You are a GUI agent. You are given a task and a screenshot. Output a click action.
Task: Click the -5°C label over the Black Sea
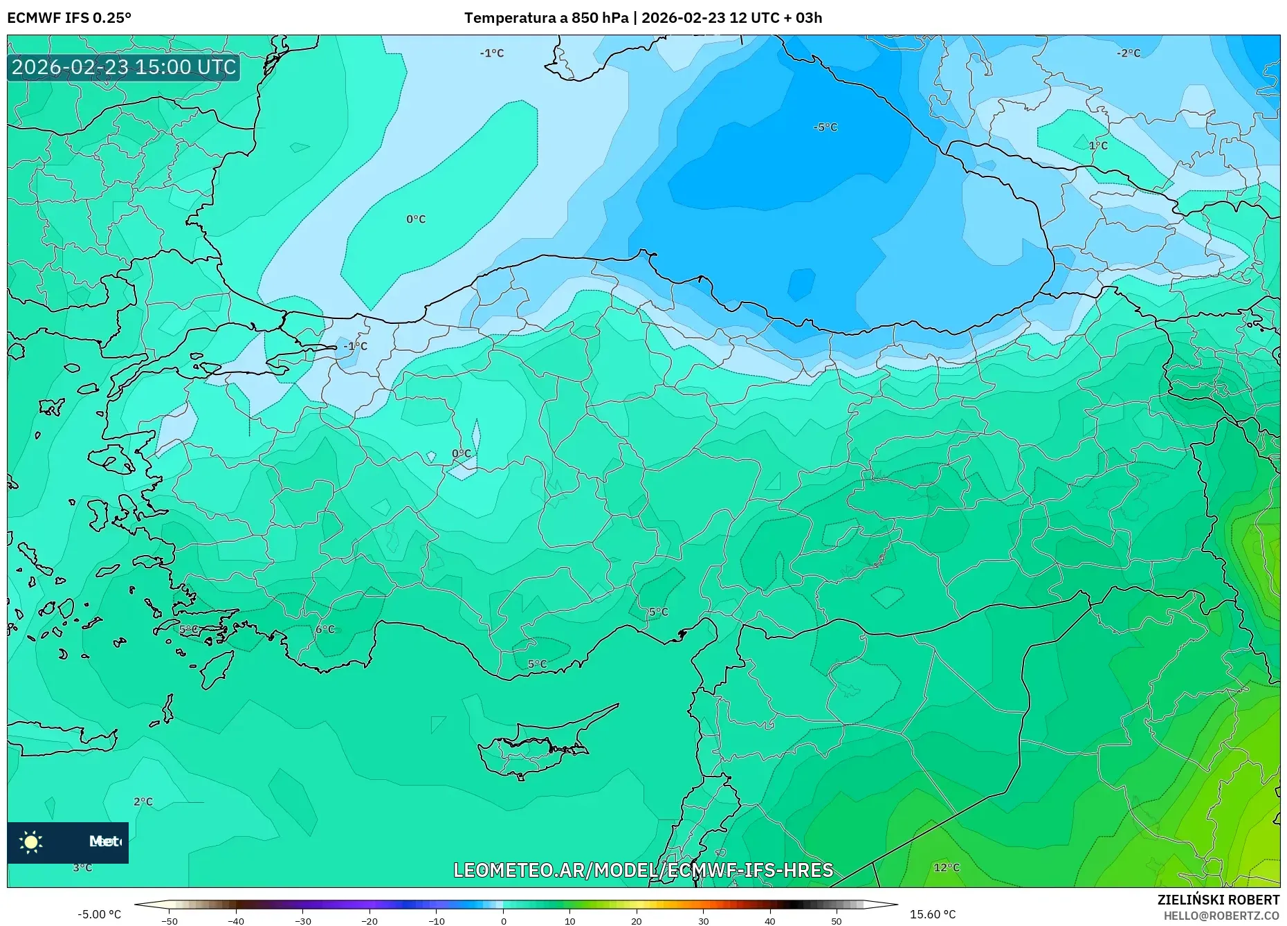click(x=825, y=127)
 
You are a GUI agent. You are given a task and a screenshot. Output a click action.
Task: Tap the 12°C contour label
click(x=947, y=867)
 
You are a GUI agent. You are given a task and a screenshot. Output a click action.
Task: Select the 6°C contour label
click(x=325, y=629)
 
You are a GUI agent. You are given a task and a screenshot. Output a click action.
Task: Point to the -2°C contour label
click(x=1128, y=53)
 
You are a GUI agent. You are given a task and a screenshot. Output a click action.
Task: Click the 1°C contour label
click(x=1098, y=145)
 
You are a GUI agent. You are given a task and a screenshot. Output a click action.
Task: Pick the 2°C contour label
click(x=143, y=801)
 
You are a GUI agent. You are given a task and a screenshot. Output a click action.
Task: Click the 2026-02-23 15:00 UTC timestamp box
click(x=124, y=67)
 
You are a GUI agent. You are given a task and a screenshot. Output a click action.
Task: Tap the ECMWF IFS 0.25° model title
click(x=69, y=18)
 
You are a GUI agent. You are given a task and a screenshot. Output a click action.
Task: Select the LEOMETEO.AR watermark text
click(x=643, y=870)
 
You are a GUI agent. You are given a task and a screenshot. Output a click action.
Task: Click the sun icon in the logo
click(x=31, y=842)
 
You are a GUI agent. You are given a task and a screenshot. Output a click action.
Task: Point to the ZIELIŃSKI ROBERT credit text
click(x=1218, y=900)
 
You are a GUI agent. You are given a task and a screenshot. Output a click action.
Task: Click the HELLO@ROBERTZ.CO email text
click(x=1221, y=916)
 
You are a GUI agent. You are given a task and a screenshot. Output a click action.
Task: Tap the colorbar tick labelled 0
click(x=503, y=920)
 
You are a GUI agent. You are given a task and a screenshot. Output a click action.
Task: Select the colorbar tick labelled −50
click(x=170, y=920)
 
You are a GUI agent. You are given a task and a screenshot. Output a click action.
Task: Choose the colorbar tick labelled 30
click(x=703, y=920)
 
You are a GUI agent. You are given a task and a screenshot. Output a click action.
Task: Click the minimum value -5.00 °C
click(x=99, y=914)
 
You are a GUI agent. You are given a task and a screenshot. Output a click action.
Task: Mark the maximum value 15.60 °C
click(x=932, y=914)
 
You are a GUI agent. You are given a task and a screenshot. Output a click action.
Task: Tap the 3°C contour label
click(x=82, y=867)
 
